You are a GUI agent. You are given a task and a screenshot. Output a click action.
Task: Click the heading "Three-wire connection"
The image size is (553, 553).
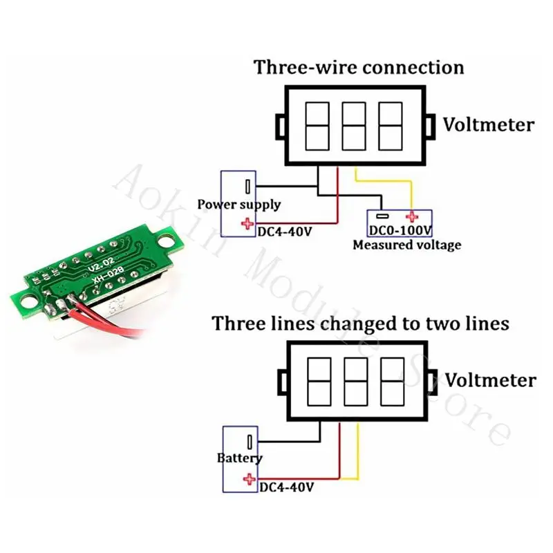pos(359,68)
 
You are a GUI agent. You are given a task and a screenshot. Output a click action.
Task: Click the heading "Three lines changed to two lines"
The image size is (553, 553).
pos(361,324)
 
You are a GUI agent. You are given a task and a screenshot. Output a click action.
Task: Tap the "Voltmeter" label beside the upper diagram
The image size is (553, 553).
pos(489,125)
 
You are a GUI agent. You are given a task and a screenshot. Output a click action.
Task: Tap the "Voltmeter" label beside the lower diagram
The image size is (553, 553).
pos(490,380)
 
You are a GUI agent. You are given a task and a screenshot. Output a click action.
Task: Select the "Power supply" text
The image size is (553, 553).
pos(239,205)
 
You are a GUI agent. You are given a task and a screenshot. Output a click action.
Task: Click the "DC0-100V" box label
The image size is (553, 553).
pos(400,229)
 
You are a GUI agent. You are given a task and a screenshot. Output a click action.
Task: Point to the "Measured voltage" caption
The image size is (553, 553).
pos(406,245)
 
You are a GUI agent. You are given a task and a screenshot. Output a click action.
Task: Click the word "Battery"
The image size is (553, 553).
pos(240,458)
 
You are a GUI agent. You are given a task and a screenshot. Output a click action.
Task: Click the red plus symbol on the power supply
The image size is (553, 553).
pos(246,223)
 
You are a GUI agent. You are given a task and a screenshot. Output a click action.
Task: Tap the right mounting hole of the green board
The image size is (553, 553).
pos(166,243)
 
